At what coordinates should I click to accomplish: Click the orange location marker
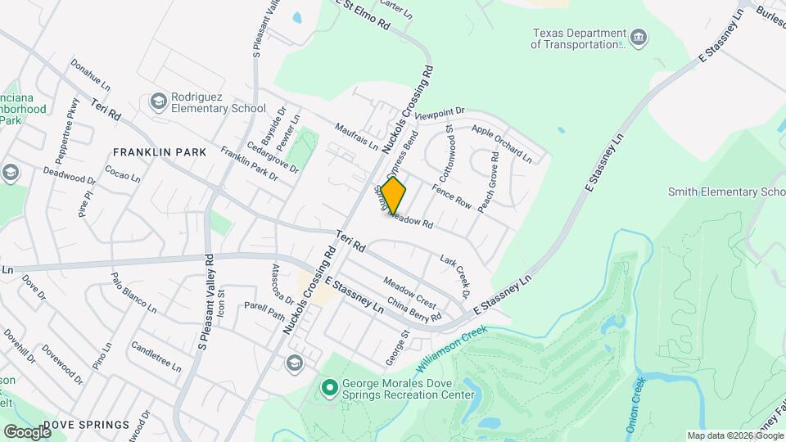(393, 196)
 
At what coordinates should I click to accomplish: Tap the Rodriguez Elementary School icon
(158, 101)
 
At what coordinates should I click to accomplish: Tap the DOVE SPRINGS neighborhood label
(86, 425)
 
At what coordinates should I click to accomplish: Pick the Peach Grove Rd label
(488, 182)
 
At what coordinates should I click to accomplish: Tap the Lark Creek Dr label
(455, 275)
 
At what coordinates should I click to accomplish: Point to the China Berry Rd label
(414, 309)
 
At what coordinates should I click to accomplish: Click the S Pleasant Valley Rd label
(206, 303)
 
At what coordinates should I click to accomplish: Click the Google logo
(26, 431)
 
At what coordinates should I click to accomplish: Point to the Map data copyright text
(734, 435)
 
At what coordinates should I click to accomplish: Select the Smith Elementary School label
(725, 192)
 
